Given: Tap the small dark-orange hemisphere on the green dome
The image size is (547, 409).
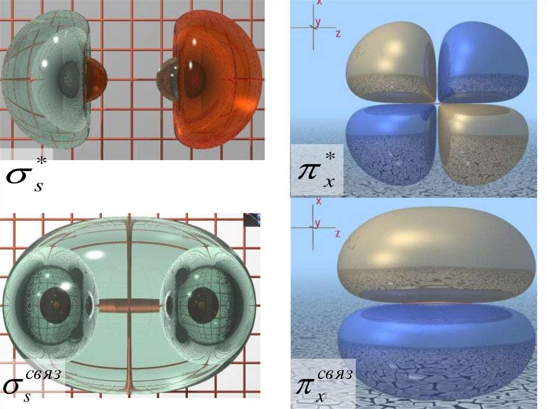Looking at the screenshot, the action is [96, 79].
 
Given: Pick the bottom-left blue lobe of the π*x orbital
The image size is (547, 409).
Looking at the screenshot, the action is [390, 145].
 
